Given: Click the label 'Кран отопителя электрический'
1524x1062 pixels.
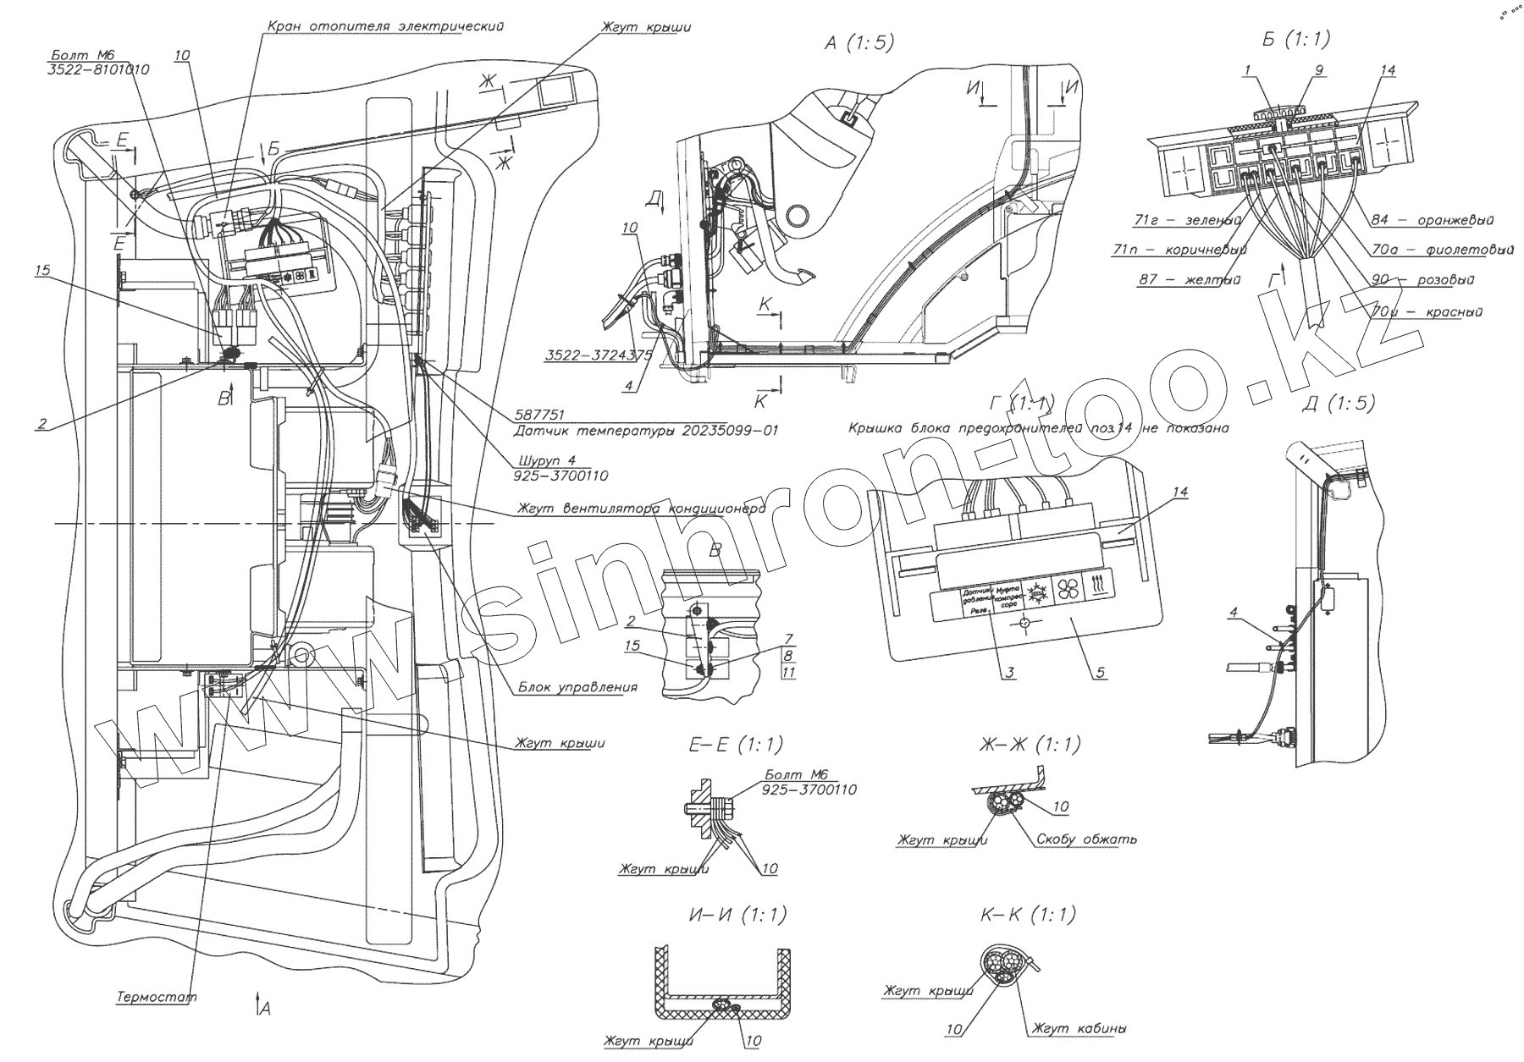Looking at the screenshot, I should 385,26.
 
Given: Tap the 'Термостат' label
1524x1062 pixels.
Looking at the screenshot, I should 157,997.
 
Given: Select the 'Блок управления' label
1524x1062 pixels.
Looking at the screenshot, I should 577,687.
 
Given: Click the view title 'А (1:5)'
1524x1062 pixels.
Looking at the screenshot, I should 859,43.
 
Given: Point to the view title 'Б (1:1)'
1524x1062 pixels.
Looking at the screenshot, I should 1295,38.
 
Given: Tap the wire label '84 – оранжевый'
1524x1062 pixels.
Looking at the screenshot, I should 1432,220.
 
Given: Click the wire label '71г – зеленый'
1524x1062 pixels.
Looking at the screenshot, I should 1185,221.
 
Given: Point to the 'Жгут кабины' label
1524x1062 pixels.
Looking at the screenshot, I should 1079,1029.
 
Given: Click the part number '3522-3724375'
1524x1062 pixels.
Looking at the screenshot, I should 598,355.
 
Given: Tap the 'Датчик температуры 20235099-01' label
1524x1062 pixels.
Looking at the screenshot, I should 646,431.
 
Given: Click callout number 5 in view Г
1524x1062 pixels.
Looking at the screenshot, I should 1099,673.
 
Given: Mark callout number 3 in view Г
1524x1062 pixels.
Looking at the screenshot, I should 1010,673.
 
